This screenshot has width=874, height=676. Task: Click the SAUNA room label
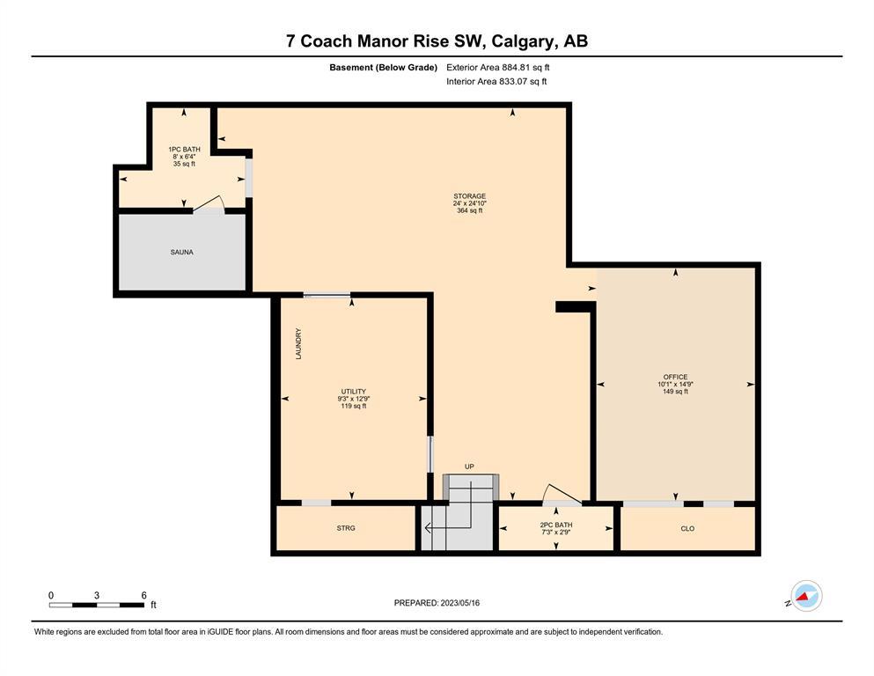(181, 253)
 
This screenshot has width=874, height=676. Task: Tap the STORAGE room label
(469, 196)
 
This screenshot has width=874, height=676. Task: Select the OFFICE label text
(675, 377)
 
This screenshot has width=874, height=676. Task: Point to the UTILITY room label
(354, 391)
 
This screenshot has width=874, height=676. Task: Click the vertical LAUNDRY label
(298, 343)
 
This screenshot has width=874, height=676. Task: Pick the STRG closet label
(346, 528)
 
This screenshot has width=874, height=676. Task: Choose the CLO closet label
(687, 528)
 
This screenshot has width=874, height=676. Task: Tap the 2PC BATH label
(555, 525)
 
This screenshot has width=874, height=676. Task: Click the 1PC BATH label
(184, 150)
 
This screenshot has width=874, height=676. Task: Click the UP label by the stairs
(469, 467)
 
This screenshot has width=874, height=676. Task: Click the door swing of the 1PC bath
(209, 202)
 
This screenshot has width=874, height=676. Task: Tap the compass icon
(806, 596)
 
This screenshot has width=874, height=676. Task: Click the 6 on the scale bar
(143, 595)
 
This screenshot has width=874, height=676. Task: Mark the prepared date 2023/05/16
(459, 603)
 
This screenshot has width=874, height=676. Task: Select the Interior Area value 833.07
(511, 81)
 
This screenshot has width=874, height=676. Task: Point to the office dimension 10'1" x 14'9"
(675, 384)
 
